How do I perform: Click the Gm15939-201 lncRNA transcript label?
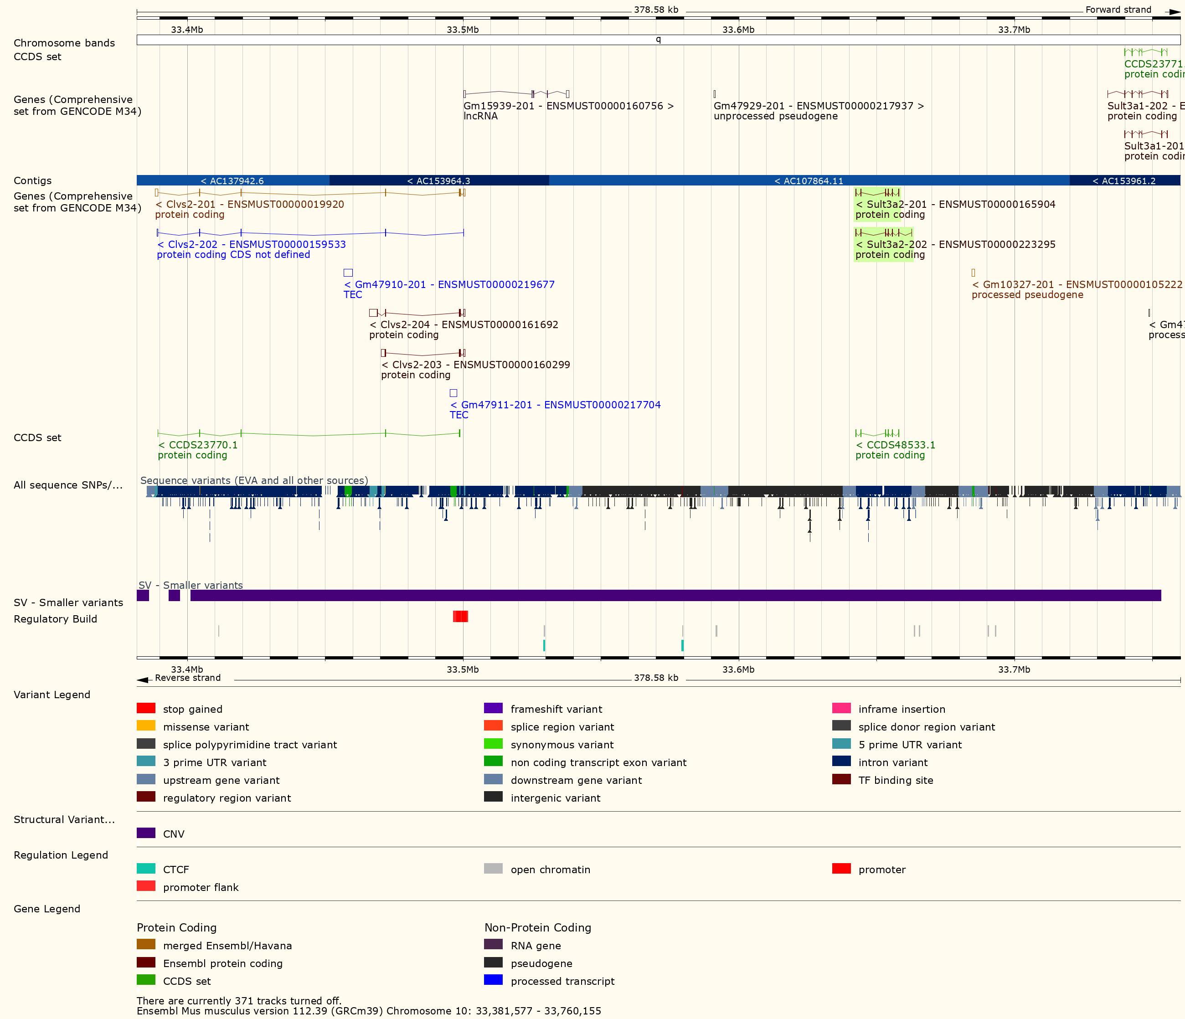click(x=568, y=106)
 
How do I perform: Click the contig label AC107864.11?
click(x=809, y=181)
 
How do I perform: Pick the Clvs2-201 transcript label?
click(x=250, y=204)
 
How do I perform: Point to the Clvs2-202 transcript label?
click(x=252, y=244)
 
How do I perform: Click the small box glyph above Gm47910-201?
click(x=348, y=273)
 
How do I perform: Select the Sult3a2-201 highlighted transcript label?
click(x=955, y=204)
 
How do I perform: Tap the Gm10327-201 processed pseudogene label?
click(x=1077, y=284)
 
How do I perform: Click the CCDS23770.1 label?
click(x=198, y=445)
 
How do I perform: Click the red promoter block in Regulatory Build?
click(x=460, y=616)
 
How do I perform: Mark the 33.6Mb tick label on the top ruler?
click(x=738, y=30)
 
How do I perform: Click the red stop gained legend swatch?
click(x=146, y=709)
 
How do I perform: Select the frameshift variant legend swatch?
click(x=493, y=709)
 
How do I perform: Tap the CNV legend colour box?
click(x=146, y=833)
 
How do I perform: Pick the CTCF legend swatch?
click(x=146, y=869)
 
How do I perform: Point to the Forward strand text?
click(x=1118, y=10)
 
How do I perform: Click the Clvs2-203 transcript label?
click(x=476, y=364)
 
